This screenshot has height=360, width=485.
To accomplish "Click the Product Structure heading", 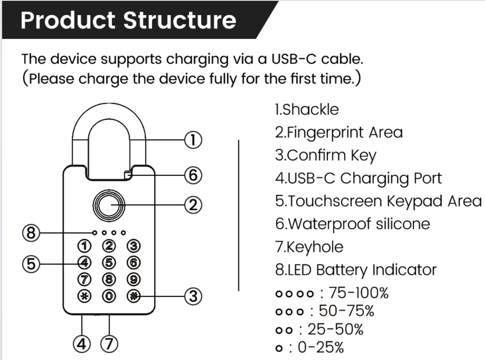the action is [128, 20].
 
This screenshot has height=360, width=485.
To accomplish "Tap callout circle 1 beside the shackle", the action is [193, 140].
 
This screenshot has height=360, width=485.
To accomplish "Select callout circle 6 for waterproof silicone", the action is [193, 175].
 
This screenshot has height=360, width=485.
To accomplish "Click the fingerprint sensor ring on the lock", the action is [109, 206].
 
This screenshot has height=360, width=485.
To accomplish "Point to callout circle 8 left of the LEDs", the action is [31, 233].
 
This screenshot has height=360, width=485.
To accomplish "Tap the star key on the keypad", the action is [84, 296].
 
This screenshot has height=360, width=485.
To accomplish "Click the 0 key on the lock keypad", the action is [109, 296].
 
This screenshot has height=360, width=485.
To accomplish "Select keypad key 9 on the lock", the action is [133, 280].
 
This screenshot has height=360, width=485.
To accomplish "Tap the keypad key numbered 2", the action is [109, 246].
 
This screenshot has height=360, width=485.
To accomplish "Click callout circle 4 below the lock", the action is [82, 344].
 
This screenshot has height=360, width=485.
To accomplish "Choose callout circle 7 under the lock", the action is [109, 344].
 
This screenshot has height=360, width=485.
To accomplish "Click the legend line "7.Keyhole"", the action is [309, 247].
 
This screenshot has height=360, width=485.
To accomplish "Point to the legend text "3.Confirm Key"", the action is [326, 156].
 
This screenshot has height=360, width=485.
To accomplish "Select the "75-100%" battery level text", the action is [358, 293].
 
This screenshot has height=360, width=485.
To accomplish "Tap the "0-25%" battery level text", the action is [321, 347].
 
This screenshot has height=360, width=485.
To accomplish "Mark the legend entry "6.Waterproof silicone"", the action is [353, 224].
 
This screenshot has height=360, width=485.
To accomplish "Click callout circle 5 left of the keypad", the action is [31, 264].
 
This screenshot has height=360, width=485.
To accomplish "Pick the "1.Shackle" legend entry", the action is [307, 110].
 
